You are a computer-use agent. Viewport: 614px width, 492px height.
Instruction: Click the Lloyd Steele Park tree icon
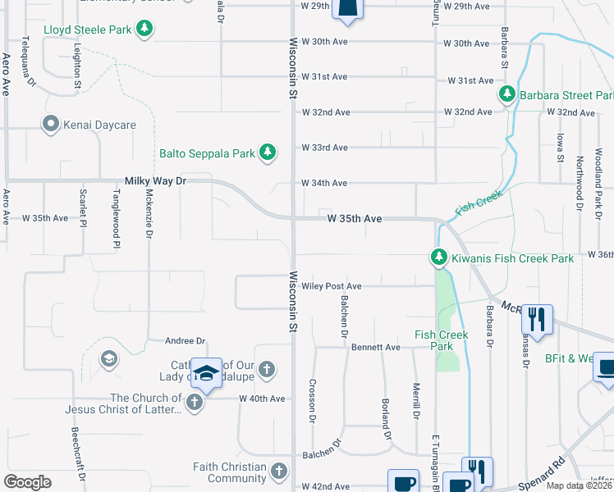point(144,30)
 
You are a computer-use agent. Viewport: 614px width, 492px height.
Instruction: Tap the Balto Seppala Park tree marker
point(267,153)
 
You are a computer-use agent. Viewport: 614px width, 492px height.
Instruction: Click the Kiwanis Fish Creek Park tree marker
point(439,258)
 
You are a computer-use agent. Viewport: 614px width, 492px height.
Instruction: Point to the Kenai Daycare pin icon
point(50,125)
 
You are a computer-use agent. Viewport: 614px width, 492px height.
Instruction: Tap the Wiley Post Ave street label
point(332,286)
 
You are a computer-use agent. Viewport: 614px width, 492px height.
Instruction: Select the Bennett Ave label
point(376,347)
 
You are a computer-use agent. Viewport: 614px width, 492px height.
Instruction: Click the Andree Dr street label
point(185,340)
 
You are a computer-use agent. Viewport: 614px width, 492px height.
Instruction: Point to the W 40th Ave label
point(262,399)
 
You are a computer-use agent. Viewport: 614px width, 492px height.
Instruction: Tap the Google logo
point(27,482)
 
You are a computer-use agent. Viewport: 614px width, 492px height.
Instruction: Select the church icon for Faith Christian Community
point(279,471)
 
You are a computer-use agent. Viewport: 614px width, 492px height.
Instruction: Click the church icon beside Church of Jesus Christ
point(194,402)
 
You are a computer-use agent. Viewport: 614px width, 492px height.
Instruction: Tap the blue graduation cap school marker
point(206,372)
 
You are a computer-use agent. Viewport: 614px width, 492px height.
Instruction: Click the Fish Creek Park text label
point(441,340)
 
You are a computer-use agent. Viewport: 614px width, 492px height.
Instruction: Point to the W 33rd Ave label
point(325,148)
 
